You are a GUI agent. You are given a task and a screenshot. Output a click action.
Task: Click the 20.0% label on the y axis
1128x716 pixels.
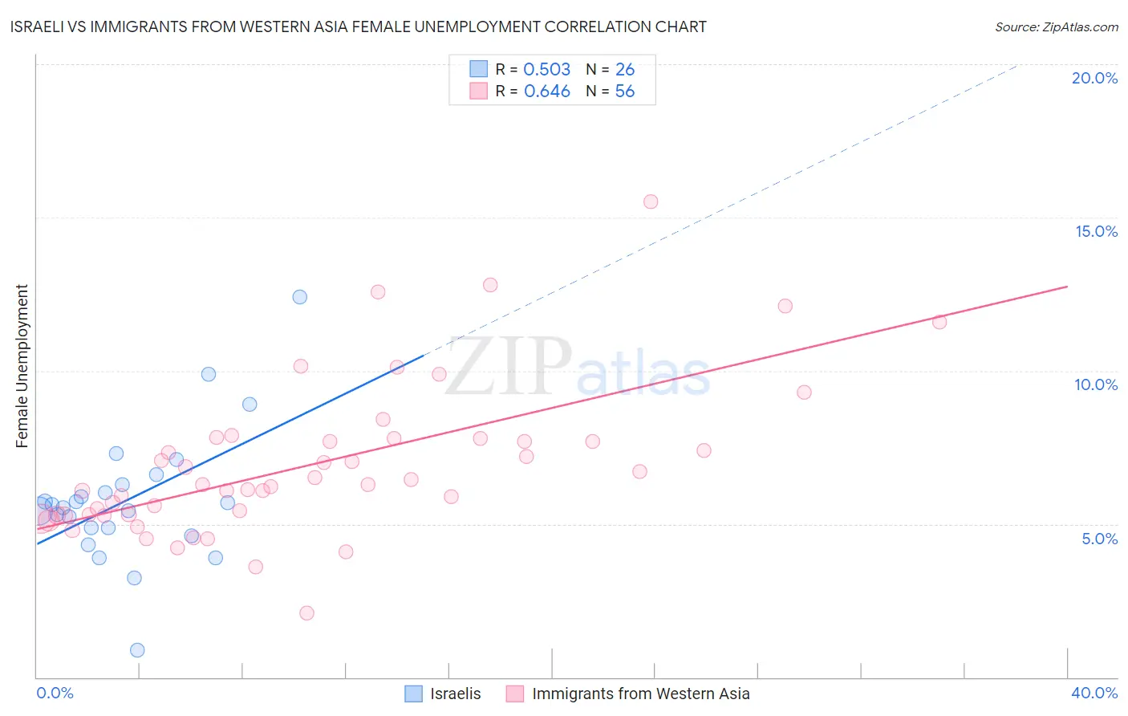click(x=1094, y=78)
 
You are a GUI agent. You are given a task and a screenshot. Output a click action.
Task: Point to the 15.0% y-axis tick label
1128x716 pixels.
click(x=1096, y=231)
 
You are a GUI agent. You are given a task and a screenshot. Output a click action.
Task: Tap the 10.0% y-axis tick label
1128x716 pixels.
click(x=1096, y=385)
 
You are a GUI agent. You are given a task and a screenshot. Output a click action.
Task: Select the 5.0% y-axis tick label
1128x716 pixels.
click(x=1099, y=539)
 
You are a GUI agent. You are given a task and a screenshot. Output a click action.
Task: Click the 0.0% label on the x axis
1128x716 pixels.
click(x=55, y=693)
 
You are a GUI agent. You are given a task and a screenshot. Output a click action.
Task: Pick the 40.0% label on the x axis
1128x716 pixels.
click(x=1094, y=693)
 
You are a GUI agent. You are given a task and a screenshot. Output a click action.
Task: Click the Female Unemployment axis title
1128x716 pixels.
click(x=22, y=366)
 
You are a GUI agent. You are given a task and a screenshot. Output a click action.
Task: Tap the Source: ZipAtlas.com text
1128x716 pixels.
click(x=1057, y=26)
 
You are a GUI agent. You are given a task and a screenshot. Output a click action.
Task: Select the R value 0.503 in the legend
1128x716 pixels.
click(x=547, y=69)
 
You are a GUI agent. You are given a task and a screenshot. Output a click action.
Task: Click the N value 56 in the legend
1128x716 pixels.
click(x=624, y=92)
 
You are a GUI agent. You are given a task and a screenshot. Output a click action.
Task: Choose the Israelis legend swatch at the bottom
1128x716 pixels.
click(x=413, y=694)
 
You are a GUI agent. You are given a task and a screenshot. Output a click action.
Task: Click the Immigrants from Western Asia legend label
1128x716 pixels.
click(x=641, y=694)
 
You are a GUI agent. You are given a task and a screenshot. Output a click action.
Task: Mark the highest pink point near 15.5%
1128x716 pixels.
click(x=651, y=201)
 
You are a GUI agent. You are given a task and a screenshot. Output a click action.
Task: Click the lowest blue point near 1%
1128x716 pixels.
click(x=137, y=650)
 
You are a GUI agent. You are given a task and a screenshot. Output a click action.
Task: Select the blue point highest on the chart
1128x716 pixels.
click(x=299, y=297)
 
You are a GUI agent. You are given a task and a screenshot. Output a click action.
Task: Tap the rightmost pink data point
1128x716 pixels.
click(x=939, y=322)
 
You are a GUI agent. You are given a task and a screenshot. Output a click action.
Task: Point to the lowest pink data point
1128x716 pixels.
click(x=306, y=613)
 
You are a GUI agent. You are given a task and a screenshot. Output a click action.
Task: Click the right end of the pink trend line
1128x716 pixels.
click(x=1068, y=287)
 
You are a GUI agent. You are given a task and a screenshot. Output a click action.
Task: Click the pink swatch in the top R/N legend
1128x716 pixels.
click(x=478, y=92)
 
